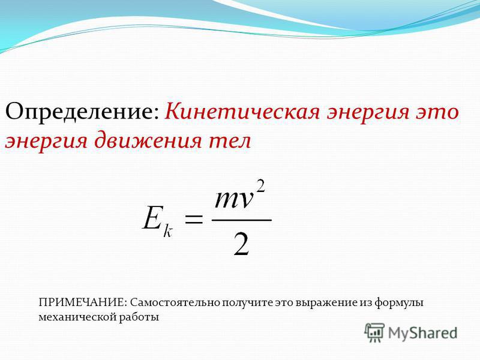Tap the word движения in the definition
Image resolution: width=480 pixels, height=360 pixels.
(x=148, y=142)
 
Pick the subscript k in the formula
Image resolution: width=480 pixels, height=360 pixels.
(x=168, y=230)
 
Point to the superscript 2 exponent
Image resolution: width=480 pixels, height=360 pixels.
(x=260, y=187)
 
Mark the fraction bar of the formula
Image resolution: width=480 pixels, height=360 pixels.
(x=242, y=220)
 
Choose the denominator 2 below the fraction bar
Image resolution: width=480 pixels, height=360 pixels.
(x=242, y=244)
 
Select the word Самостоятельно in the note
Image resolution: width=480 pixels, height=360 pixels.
(x=175, y=302)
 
